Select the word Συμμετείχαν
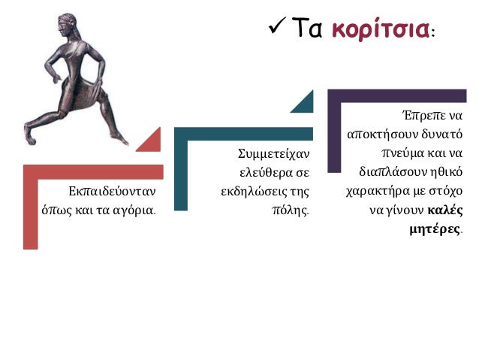(273, 154)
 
